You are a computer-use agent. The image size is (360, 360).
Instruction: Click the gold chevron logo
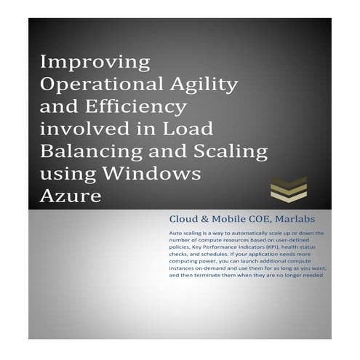point(288,191)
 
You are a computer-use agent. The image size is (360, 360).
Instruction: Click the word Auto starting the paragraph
point(175,233)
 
